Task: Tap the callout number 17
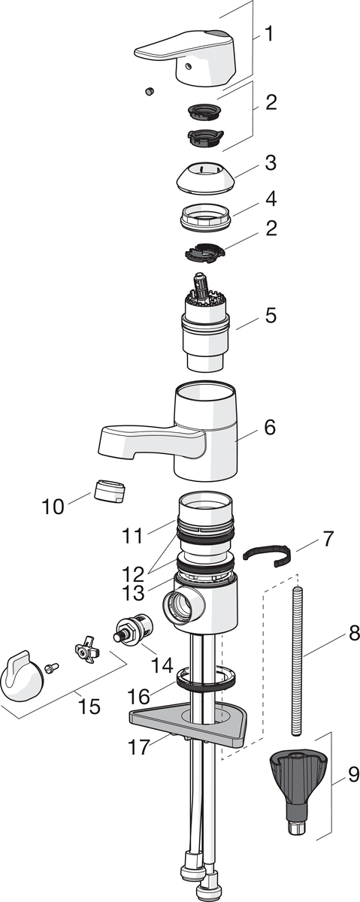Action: point(139,747)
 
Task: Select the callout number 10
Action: point(53,506)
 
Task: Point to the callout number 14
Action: point(162,665)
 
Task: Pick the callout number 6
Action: point(271,427)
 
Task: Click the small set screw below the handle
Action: point(150,92)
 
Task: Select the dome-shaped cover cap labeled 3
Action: point(205,178)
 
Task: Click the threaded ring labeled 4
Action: point(206,217)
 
